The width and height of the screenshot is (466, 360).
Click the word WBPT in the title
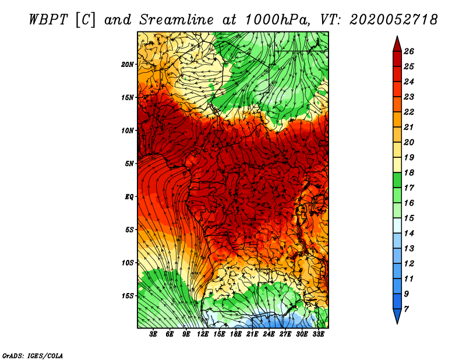click(49, 20)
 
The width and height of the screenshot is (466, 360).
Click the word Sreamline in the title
click(176, 20)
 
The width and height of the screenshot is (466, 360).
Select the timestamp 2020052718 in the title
click(394, 20)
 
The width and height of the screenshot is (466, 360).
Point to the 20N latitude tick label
click(128, 65)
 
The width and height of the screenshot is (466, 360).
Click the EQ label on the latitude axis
click(129, 197)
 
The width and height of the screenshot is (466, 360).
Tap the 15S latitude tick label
click(128, 296)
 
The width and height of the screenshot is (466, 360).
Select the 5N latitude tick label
click(129, 164)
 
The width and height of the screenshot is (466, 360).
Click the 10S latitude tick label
click(128, 263)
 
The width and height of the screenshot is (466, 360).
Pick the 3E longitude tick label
click(153, 334)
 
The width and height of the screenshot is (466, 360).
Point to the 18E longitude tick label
click(236, 334)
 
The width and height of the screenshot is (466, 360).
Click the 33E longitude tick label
click(318, 334)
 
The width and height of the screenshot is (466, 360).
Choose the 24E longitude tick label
click(269, 334)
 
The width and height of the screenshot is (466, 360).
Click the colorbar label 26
click(409, 51)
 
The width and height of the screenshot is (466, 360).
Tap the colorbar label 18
click(409, 172)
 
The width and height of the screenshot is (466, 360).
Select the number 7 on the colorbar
click(407, 309)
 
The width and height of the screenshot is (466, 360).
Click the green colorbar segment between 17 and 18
click(397, 180)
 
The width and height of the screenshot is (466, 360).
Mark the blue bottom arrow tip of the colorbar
click(397, 324)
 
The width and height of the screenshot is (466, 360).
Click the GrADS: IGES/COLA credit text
click(33, 356)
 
